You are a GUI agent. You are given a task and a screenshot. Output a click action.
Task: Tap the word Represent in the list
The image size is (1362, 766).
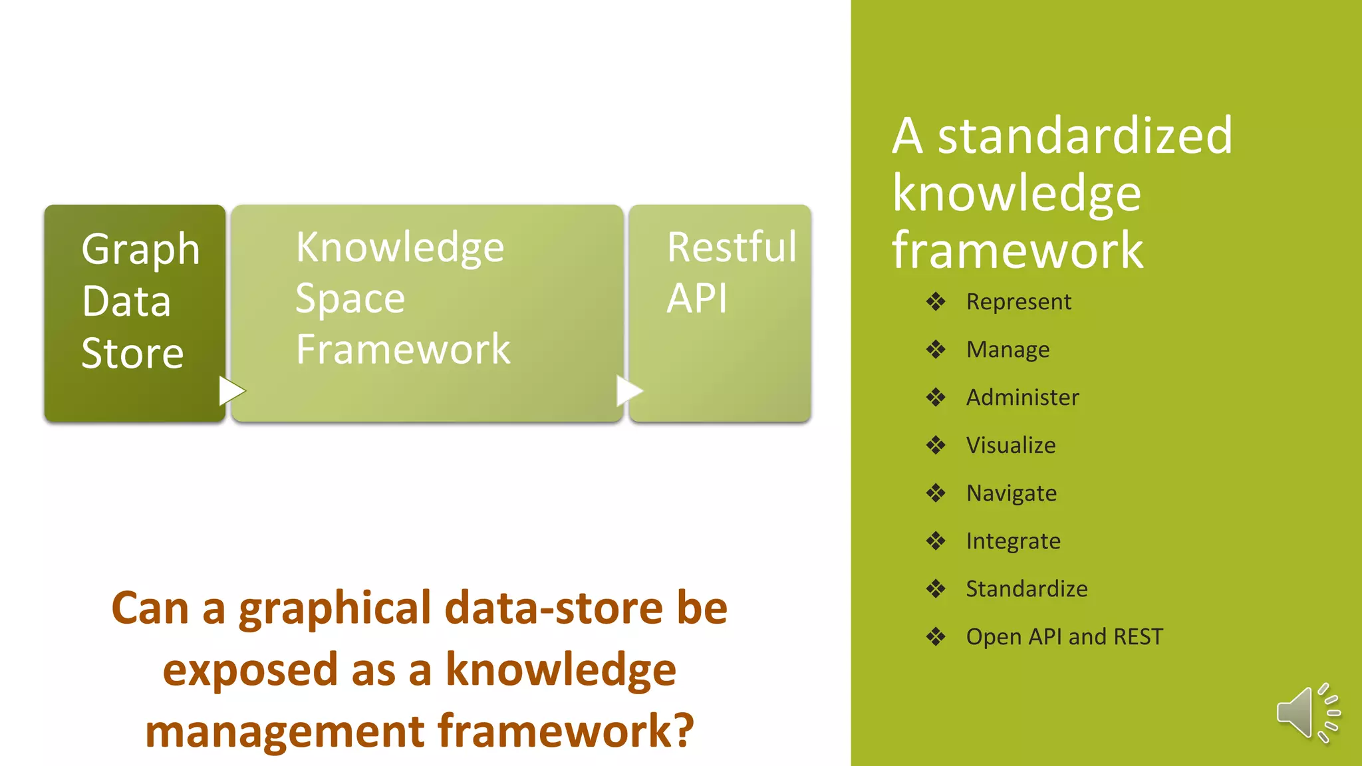(x=1018, y=302)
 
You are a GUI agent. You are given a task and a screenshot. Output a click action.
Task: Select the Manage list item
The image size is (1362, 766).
(x=1008, y=350)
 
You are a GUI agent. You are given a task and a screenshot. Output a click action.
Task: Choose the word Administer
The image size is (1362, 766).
(x=1022, y=398)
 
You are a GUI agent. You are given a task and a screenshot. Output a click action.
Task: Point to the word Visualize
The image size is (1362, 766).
(x=1010, y=446)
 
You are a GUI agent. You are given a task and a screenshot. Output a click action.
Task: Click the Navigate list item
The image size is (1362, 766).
(x=1011, y=493)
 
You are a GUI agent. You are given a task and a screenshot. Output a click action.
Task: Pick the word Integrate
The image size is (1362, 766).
(x=1013, y=541)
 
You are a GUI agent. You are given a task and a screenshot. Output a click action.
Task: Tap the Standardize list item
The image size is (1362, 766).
(x=1026, y=589)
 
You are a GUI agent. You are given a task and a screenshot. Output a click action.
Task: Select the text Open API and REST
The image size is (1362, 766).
(x=1064, y=637)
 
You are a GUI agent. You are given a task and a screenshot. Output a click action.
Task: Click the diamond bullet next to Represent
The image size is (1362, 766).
(x=936, y=302)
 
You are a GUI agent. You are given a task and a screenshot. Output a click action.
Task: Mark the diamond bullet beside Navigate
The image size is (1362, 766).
(x=936, y=493)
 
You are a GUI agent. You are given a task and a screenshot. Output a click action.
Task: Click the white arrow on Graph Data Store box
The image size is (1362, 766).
(x=231, y=391)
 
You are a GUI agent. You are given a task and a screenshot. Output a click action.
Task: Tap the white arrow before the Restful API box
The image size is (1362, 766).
(x=628, y=391)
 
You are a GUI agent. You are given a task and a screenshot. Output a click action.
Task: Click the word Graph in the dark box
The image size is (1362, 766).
(x=140, y=251)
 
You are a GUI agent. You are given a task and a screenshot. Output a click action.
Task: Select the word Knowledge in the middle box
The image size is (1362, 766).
(x=400, y=248)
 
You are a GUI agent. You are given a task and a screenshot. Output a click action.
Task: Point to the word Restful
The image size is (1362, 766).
(x=731, y=247)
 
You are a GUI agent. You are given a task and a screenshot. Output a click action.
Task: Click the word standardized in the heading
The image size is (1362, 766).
(x=1085, y=136)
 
